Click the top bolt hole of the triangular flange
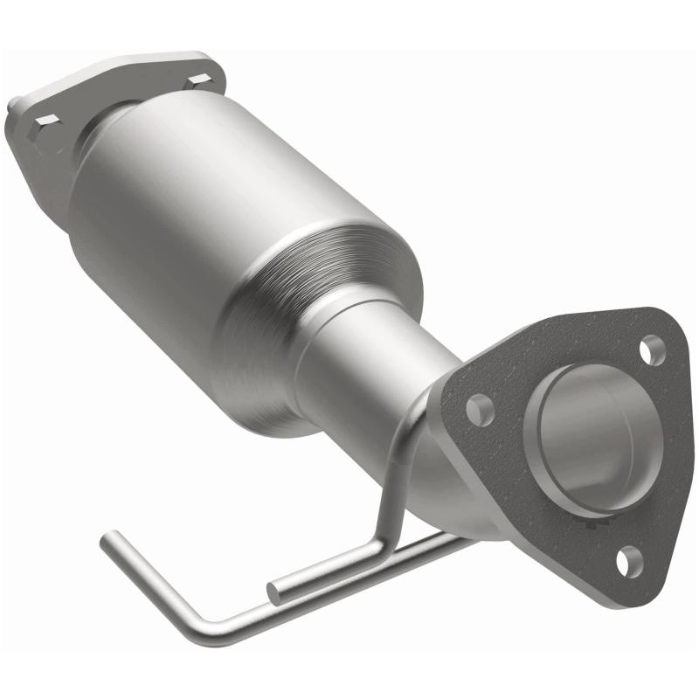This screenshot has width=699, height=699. [650, 350]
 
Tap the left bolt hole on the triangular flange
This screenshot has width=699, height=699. [480, 407]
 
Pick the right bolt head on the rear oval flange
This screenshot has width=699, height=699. [197, 80]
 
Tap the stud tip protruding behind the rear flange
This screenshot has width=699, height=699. [15, 112]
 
